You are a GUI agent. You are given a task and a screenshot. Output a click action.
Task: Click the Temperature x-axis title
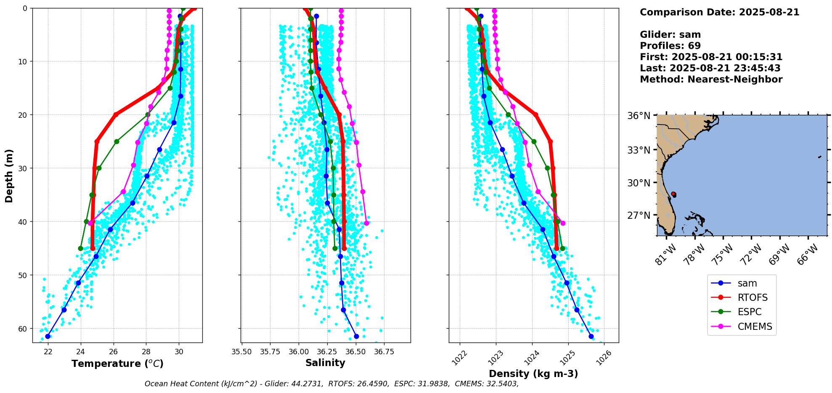pos(117,364)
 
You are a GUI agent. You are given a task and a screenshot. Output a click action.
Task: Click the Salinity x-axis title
pos(325,363)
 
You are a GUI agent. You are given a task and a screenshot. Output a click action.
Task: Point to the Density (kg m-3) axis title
pos(533,374)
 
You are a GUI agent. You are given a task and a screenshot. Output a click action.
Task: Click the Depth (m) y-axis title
pos(9,175)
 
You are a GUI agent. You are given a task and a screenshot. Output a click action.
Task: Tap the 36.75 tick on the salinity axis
pos(384,351)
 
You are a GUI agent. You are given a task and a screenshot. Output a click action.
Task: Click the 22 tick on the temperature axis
pos(48,351)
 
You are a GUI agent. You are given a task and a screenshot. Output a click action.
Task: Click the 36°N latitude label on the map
pos(639,116)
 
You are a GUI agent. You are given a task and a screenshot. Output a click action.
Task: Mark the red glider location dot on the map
pos(673,194)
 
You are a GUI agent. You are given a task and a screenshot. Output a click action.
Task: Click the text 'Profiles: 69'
pos(670,46)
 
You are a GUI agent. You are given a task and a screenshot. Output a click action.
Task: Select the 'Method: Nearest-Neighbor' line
pos(711,80)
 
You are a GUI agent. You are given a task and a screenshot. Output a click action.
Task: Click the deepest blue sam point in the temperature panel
pos(48,336)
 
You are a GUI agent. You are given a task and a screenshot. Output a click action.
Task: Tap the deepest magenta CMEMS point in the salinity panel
pos(366,223)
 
